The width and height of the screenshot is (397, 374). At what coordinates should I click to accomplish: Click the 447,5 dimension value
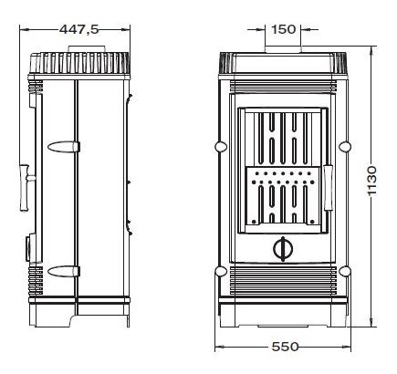point(79,29)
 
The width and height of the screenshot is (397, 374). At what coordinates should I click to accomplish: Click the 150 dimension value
point(283,29)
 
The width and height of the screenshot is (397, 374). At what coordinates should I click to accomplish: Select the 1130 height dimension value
point(371,181)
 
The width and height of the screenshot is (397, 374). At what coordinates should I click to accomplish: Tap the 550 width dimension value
point(285,347)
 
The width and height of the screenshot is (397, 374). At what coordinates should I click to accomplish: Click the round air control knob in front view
point(283,249)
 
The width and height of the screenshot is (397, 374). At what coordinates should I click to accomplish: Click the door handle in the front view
point(329,188)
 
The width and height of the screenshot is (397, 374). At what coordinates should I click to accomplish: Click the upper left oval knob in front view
point(221,147)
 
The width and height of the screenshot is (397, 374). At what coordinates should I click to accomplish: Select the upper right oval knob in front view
point(345,147)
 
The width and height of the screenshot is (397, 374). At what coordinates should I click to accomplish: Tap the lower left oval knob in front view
point(221,271)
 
